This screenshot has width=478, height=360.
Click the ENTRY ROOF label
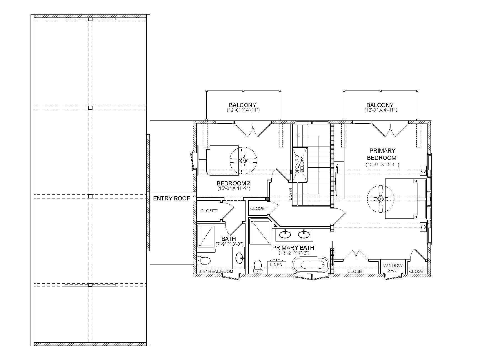172,198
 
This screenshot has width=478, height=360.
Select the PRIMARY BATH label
293,248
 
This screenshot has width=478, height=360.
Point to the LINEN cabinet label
276,265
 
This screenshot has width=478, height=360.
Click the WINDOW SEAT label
393,268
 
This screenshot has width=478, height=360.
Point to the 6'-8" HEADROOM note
216,271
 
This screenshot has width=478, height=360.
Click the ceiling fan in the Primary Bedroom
380,199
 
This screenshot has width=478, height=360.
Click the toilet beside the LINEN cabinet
258,266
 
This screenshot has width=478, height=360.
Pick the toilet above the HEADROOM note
204,261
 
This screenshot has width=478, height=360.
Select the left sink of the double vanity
285,234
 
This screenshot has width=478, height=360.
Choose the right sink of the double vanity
304,234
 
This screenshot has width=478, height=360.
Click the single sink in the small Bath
239,258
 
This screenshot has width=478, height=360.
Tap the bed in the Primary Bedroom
405,199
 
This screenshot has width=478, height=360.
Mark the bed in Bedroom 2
218,160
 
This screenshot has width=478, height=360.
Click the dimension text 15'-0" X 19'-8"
382,164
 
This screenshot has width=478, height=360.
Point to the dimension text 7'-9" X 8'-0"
229,244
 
